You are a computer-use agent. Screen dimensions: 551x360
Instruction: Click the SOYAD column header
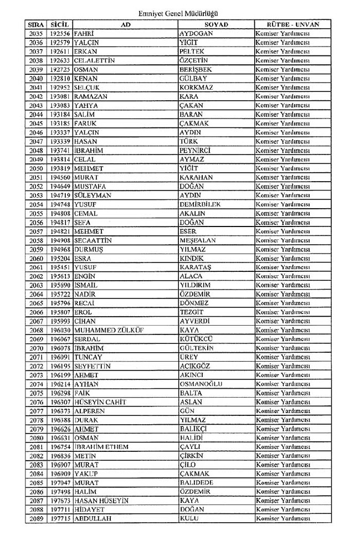[216, 24]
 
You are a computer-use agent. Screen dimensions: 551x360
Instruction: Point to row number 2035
[35, 34]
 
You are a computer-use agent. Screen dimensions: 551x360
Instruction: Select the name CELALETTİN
[94, 61]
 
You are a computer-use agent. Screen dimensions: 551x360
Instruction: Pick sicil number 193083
[60, 105]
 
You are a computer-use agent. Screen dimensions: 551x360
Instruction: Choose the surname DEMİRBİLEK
[200, 204]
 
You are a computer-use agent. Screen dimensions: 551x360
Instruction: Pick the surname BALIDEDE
[197, 483]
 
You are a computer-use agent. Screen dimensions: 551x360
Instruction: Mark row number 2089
[35, 519]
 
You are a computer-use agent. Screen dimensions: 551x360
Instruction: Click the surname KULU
[189, 519]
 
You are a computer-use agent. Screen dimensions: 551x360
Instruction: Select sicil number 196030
[60, 330]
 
